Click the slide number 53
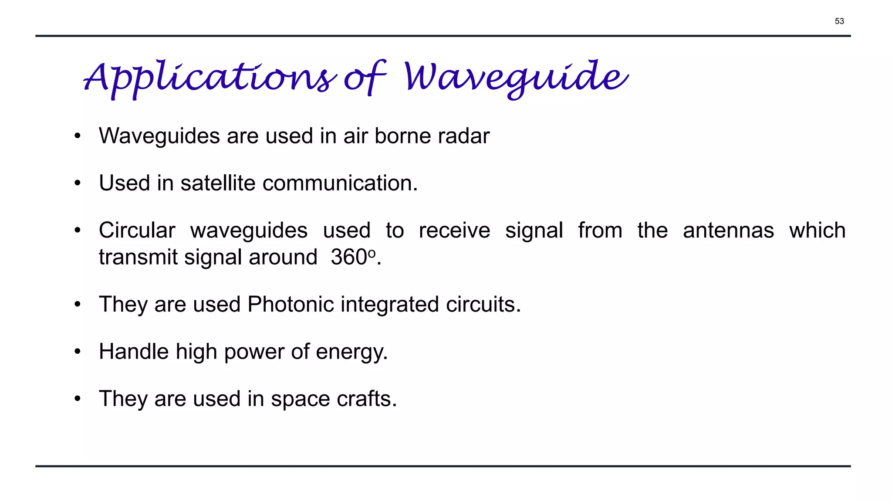tap(839, 21)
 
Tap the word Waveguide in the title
tap(516, 78)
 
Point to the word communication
tap(340, 183)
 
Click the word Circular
tap(137, 230)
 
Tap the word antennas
tap(728, 230)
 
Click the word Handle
tap(133, 351)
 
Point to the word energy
tap(351, 352)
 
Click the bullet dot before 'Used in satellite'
tap(78, 183)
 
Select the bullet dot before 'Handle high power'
tap(78, 351)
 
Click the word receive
tap(454, 230)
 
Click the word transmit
tap(138, 257)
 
